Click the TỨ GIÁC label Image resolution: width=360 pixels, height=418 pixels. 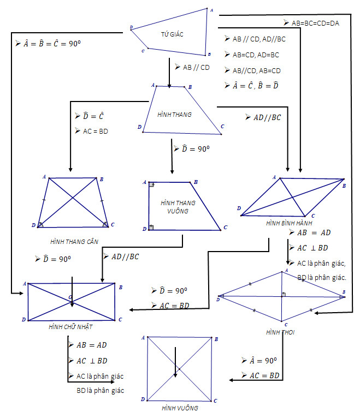coord(172,34)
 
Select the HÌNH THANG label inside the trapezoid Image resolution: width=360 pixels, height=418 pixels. coord(174,115)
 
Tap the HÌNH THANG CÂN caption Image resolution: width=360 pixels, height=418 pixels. coord(74,242)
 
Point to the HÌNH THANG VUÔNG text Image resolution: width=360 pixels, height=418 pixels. coord(178,207)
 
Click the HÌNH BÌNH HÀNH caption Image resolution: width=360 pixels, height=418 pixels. coord(289,223)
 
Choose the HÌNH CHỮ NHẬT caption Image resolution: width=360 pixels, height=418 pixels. coord(70,327)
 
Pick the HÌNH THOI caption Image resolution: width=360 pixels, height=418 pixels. coord(280,332)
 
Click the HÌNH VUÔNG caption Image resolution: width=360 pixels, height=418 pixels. coord(180,408)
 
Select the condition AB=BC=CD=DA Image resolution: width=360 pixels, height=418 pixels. coord(315,23)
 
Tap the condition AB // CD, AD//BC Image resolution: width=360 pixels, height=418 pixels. coord(259,39)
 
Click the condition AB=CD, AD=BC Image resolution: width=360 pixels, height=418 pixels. coord(256,55)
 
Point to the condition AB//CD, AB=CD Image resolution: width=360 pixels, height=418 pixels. coord(256,70)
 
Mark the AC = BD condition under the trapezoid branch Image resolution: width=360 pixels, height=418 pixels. coord(95,131)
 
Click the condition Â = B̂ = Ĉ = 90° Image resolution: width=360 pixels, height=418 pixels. coord(52,44)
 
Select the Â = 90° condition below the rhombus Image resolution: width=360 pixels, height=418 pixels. coord(263,360)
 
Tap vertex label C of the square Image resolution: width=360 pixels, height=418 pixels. coord(215,401)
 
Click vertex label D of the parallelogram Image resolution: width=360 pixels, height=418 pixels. coord(239,208)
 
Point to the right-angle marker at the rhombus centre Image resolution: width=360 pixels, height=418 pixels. coord(284,294)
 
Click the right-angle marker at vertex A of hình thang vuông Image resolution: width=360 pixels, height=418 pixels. coord(151,184)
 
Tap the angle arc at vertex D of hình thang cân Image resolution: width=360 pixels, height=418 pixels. coord(40,225)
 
